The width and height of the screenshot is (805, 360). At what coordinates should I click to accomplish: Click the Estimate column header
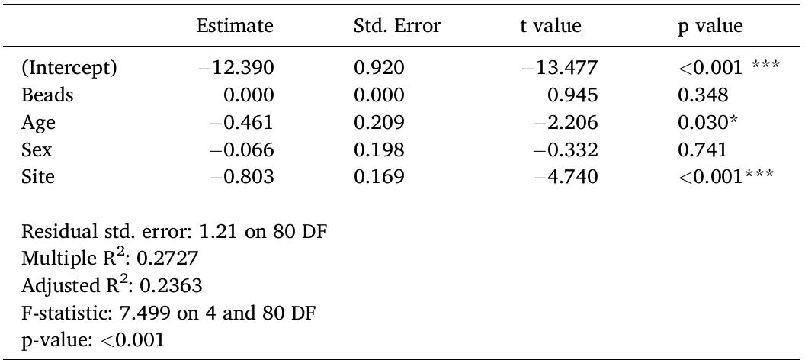234,26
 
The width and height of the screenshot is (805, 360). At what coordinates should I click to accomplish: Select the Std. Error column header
397,26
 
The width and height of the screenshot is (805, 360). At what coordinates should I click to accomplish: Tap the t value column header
545,26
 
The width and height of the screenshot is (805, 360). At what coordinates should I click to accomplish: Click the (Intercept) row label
69,69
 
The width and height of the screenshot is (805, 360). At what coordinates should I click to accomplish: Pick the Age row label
39,124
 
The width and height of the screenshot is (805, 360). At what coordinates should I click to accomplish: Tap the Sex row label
37,150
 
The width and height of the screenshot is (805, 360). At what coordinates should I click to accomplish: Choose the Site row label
39,178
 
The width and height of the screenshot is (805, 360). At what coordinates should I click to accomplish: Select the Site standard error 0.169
379,178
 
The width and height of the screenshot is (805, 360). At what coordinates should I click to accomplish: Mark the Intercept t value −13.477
560,69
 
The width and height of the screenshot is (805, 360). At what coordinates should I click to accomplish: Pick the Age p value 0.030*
706,123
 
